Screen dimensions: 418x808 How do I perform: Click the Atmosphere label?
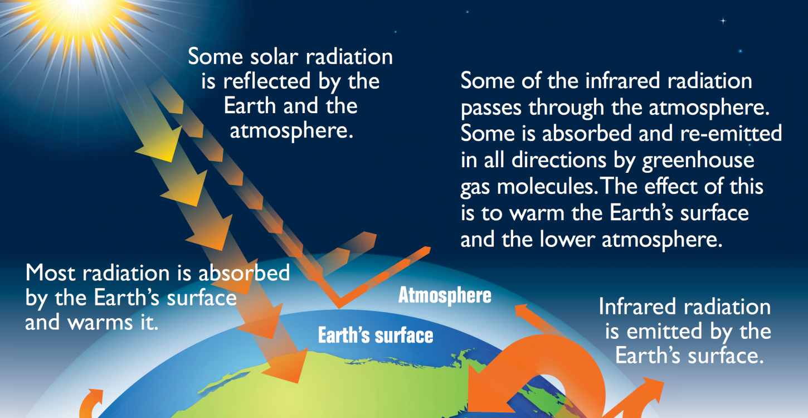pyautogui.click(x=445, y=295)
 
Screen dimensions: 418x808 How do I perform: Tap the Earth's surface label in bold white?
pyautogui.click(x=375, y=336)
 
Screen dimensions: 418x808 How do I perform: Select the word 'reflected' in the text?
pyautogui.click(x=271, y=81)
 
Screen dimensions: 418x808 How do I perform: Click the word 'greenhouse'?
pyautogui.click(x=698, y=161)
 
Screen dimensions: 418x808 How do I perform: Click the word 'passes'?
pyautogui.click(x=492, y=107)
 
